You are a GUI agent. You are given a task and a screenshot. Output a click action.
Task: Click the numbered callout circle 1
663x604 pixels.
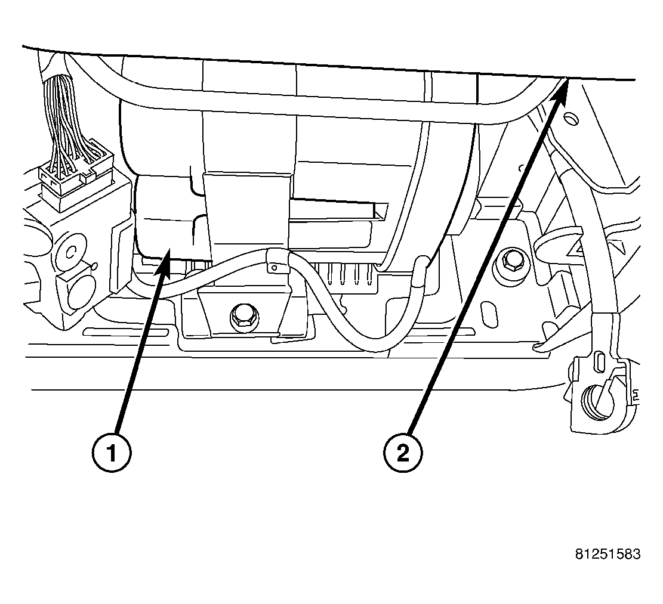[x=113, y=454]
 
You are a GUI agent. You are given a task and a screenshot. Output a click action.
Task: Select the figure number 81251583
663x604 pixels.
[x=608, y=554]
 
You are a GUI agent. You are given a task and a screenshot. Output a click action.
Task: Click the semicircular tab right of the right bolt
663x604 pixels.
[x=558, y=241]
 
